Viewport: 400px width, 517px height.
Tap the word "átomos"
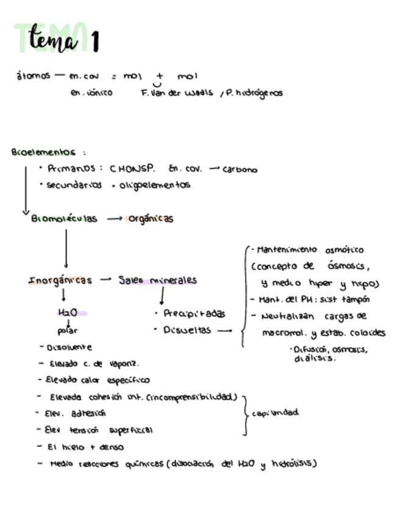coord(33,77)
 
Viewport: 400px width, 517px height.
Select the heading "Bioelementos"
coord(43,152)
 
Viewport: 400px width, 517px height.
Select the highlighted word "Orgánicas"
coord(151,219)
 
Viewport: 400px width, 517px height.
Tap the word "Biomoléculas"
coord(64,219)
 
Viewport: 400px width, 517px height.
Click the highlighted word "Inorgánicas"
coord(60,281)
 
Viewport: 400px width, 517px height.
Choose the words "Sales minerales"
coord(157,280)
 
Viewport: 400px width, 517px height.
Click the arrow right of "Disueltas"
coord(224,331)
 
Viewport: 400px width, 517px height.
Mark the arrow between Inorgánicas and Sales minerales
coord(106,280)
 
